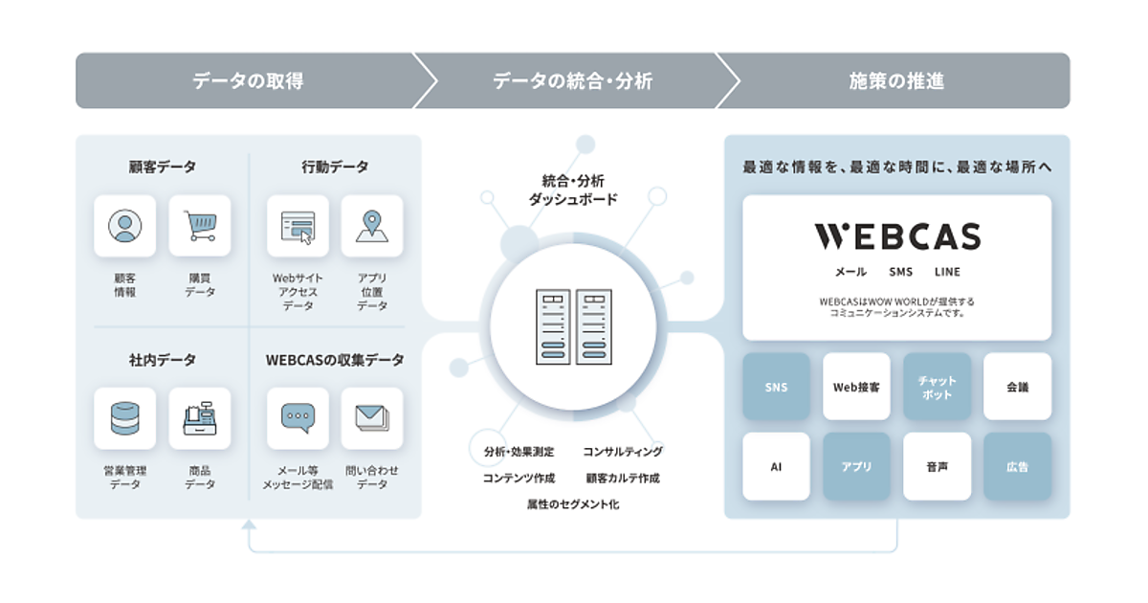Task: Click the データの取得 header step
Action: pyautogui.click(x=248, y=81)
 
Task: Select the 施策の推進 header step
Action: pyautogui.click(x=896, y=81)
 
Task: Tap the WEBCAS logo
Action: pyautogui.click(x=896, y=236)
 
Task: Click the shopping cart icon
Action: pyautogui.click(x=200, y=226)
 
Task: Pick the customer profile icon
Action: pyautogui.click(x=125, y=226)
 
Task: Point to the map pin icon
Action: pyautogui.click(x=372, y=226)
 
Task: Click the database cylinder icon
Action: pyautogui.click(x=125, y=418)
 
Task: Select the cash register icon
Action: pyautogui.click(x=200, y=418)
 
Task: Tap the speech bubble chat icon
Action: pyautogui.click(x=298, y=418)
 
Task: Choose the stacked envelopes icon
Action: pyautogui.click(x=372, y=418)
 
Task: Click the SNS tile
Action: pyautogui.click(x=776, y=387)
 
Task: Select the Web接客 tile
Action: pyautogui.click(x=856, y=387)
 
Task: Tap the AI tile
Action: pyautogui.click(x=776, y=467)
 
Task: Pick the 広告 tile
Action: pyautogui.click(x=1017, y=467)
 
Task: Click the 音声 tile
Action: pyautogui.click(x=937, y=467)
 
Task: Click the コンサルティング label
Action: pyautogui.click(x=622, y=452)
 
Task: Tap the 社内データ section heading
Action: pyautogui.click(x=163, y=360)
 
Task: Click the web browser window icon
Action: pyautogui.click(x=298, y=226)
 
